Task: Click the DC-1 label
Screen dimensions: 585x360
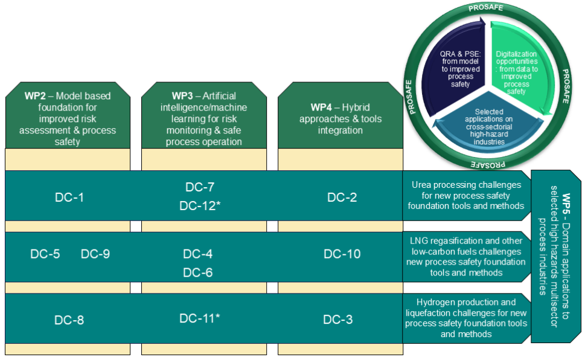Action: (x=69, y=197)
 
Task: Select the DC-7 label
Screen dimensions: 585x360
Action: (x=200, y=187)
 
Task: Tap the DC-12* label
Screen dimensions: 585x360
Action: (x=200, y=205)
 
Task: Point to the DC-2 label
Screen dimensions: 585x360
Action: (x=342, y=197)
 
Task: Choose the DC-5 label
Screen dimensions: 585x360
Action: (x=45, y=254)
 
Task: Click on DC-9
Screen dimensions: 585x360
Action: (x=95, y=254)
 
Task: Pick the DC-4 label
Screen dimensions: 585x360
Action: (x=198, y=254)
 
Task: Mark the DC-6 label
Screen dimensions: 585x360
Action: (x=198, y=272)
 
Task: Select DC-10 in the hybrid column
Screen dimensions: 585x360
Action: (x=342, y=254)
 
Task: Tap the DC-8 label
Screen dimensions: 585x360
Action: (x=69, y=320)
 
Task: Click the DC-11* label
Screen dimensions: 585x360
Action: (x=200, y=318)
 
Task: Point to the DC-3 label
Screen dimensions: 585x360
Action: (x=338, y=320)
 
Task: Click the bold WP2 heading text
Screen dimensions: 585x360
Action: (x=35, y=96)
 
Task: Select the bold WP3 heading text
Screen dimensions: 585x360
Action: (x=182, y=96)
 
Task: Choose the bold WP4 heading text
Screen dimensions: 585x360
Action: (x=321, y=108)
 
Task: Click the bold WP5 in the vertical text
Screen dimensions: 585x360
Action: (x=566, y=204)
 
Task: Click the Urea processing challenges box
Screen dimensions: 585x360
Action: (x=466, y=195)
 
